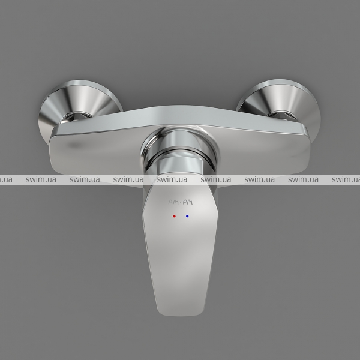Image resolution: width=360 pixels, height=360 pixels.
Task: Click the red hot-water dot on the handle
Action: tap(174, 216)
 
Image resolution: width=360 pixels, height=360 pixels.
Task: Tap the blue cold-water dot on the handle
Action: tap(187, 216)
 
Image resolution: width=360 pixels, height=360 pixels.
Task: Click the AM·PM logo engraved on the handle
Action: tap(181, 202)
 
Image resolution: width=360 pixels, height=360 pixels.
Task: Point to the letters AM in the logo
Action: tap(173, 202)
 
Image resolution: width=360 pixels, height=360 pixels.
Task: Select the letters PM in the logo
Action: tap(188, 202)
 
